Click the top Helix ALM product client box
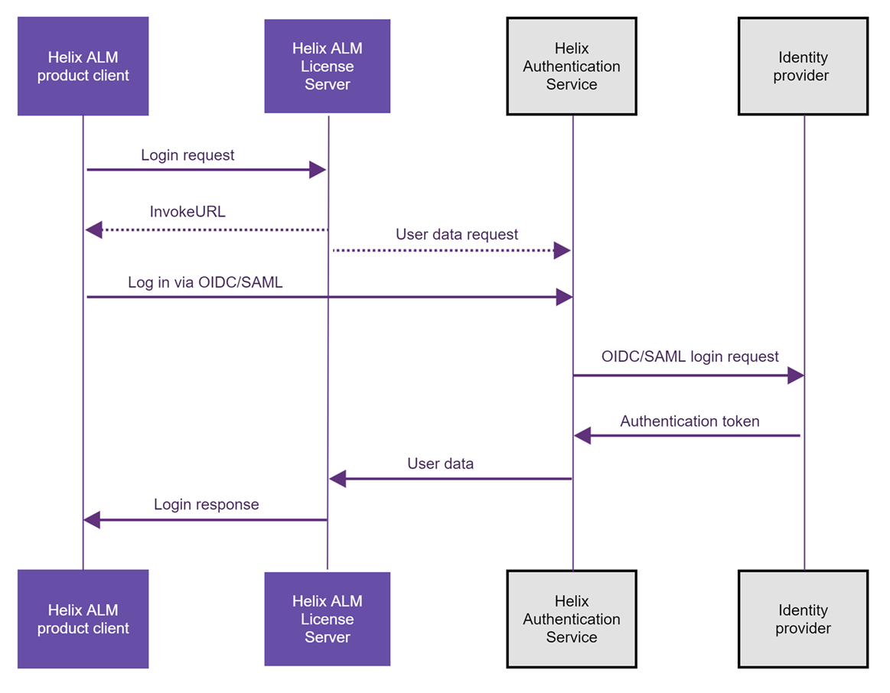[83, 67]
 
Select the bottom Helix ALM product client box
[83, 619]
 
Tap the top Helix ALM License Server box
[327, 67]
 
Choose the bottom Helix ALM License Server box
[327, 619]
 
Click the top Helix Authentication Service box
[572, 67]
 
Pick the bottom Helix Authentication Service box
[572, 619]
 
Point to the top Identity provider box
[803, 67]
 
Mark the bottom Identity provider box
[803, 619]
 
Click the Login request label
[187, 155]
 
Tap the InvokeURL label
[187, 212]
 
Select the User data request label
[457, 235]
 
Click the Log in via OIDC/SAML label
[205, 283]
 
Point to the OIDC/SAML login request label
[690, 356]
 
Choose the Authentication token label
[690, 421]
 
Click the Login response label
[206, 505]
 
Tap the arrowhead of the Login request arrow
[318, 170]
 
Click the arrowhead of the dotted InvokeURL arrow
[94, 229]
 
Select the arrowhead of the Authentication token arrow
[582, 436]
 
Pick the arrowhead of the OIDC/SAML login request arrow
[795, 376]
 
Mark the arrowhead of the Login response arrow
[92, 520]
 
